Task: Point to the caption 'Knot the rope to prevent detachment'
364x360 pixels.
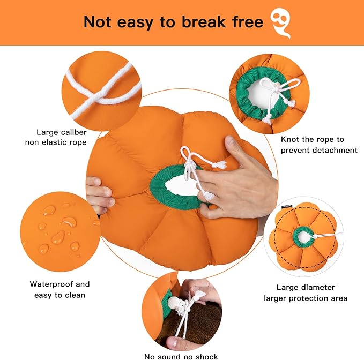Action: click(318, 145)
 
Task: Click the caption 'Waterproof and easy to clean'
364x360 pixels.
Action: click(60, 289)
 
